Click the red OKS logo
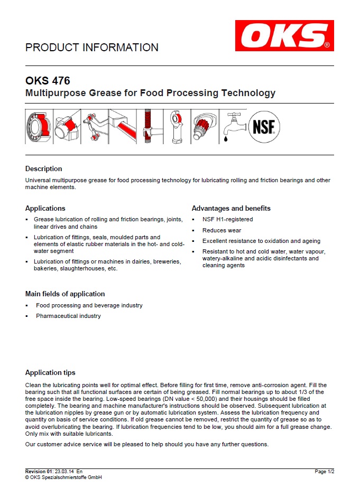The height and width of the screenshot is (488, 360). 284,36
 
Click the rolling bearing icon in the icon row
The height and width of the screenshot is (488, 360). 38,127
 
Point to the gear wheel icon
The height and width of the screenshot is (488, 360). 204,127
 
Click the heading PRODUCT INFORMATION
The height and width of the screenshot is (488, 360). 92,48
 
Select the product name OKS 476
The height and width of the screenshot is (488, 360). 48,81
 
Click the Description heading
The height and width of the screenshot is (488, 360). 44,169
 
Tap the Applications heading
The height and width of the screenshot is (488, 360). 45,208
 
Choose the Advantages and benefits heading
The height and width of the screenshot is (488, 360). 231,208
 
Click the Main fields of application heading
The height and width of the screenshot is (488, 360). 65,294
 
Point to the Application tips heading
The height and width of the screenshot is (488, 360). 50,372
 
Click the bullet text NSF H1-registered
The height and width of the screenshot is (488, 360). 227,219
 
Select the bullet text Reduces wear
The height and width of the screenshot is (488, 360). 221,230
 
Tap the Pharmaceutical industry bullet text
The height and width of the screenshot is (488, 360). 68,316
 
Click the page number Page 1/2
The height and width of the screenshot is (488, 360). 324,471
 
